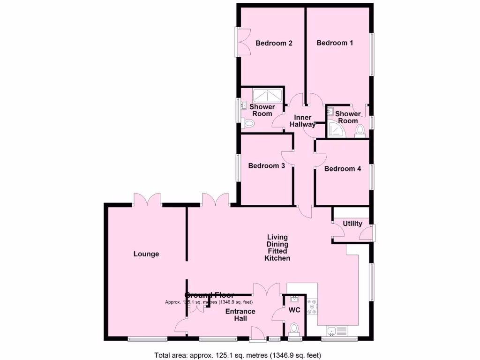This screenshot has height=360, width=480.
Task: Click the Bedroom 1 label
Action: [x=335, y=43]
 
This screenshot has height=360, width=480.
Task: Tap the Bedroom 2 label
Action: [x=274, y=43]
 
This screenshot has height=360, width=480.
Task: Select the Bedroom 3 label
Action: [x=266, y=165]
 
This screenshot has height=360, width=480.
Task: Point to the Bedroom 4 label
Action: [x=342, y=169]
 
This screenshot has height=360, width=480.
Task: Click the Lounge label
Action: [x=146, y=254]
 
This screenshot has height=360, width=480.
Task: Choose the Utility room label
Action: [x=352, y=224]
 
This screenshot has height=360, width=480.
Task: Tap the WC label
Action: [x=294, y=310]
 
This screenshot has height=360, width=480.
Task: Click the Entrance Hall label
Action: [x=240, y=315]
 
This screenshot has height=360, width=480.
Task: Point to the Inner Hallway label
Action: [x=302, y=121]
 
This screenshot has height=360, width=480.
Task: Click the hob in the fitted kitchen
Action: [x=312, y=307]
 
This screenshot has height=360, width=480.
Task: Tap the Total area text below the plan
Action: [x=238, y=355]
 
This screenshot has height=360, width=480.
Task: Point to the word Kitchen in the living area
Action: [x=277, y=258]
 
